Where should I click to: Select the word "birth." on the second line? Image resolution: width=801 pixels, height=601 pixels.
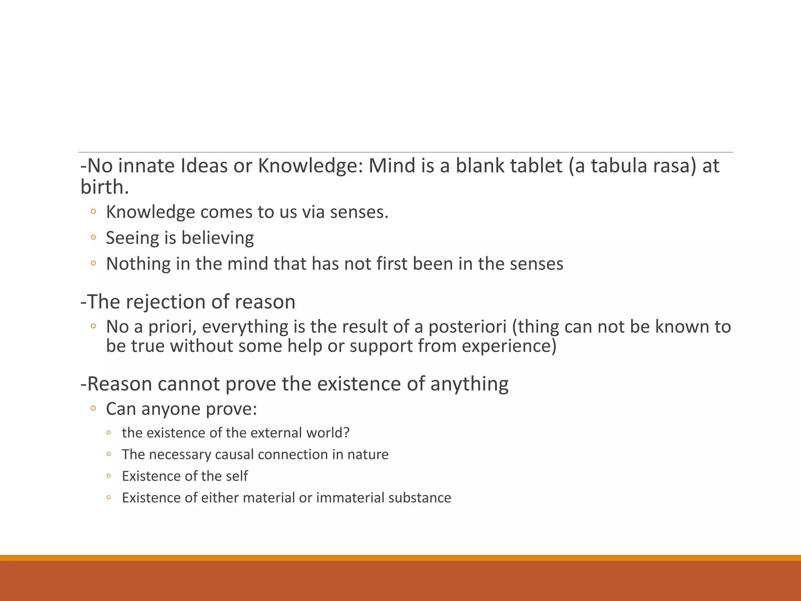click(x=104, y=187)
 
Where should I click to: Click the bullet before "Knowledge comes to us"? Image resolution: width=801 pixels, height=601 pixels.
click(x=93, y=212)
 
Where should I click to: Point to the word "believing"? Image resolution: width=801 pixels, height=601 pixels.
click(x=217, y=238)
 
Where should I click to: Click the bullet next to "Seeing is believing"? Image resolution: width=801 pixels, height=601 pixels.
click(x=93, y=238)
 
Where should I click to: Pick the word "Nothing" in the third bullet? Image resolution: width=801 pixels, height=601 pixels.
click(x=138, y=264)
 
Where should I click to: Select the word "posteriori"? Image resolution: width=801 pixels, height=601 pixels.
click(x=467, y=327)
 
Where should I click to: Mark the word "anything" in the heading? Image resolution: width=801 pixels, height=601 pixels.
click(x=469, y=384)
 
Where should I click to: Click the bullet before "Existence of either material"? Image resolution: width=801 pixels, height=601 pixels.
click(x=109, y=498)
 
